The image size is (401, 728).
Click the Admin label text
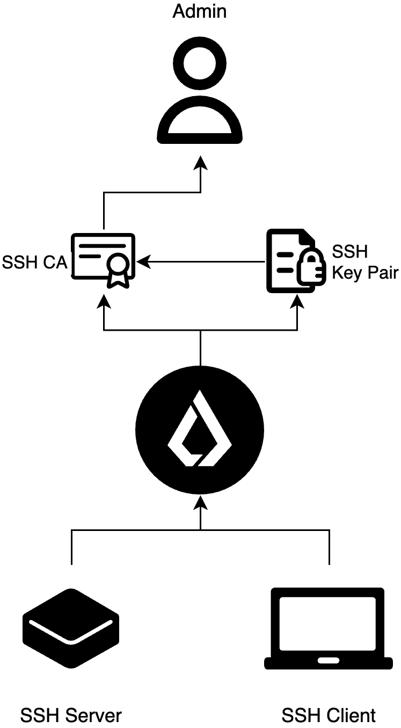tap(199, 11)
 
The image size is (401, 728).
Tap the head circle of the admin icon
tap(200, 63)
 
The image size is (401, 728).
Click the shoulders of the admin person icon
tap(200, 120)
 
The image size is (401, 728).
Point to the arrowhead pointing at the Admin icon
tap(201, 163)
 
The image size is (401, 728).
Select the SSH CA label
tap(34, 262)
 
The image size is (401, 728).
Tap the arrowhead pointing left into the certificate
tap(143, 261)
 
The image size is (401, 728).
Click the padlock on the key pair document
tap(311, 268)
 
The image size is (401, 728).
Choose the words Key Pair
tap(365, 272)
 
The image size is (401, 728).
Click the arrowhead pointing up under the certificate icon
tap(104, 302)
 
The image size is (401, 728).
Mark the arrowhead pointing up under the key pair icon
tap(297, 302)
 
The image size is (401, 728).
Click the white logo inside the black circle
tap(200, 428)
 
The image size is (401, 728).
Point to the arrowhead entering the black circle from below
tap(200, 502)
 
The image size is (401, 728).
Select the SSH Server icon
tap(71, 628)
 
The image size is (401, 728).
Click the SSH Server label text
tap(71, 715)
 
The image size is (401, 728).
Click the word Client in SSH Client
tap(351, 715)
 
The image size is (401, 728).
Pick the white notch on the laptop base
tap(328, 660)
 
